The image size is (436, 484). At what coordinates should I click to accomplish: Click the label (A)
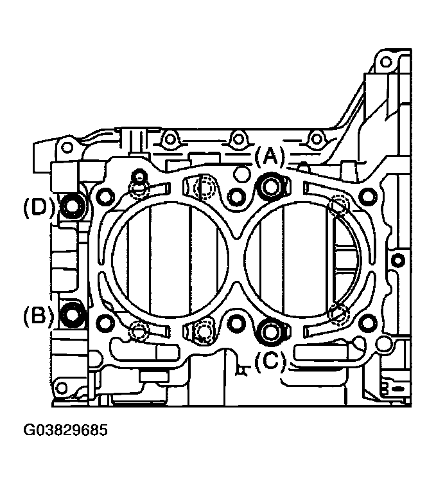pos(270,156)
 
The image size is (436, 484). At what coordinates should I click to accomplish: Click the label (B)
pos(39,316)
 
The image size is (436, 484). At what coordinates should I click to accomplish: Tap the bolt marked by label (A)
pos(271,186)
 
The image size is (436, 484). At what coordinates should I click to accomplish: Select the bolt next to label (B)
pos(73,314)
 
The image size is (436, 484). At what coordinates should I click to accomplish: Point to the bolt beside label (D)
pos(73,206)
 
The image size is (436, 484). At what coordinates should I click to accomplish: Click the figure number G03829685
pos(65,430)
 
